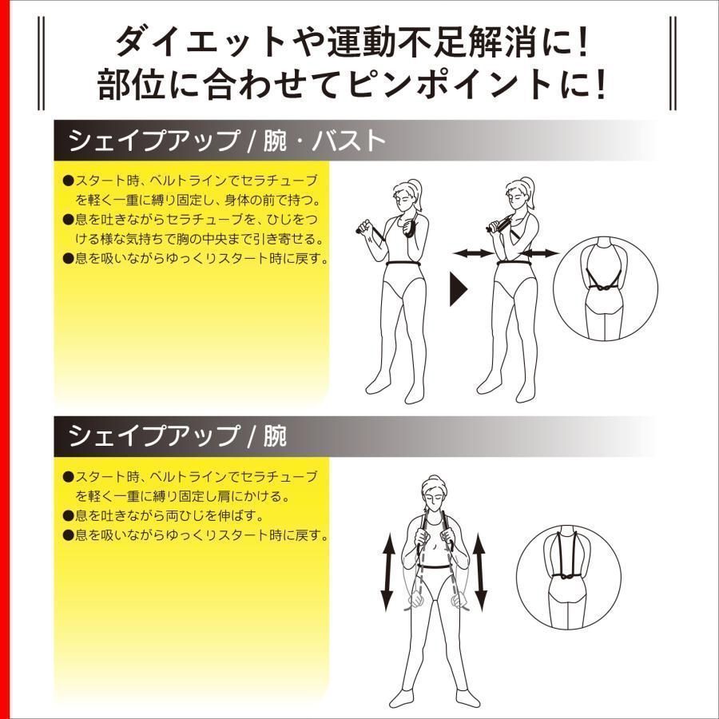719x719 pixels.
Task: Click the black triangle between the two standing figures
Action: pyautogui.click(x=457, y=289)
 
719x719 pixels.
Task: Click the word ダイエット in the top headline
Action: pyautogui.click(x=201, y=42)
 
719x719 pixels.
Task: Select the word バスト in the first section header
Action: pyautogui.click(x=348, y=140)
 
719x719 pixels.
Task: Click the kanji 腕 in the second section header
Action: pyautogui.click(x=275, y=435)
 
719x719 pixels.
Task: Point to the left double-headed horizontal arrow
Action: pyautogui.click(x=473, y=252)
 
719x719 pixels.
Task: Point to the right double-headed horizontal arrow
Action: pyautogui.click(x=540, y=252)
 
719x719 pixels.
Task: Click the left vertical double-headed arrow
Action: pyautogui.click(x=388, y=572)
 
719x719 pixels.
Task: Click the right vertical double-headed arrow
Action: pyautogui.click(x=479, y=572)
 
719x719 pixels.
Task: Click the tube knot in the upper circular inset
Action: pyautogui.click(x=605, y=288)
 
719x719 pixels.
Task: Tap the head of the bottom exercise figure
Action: pyautogui.click(x=434, y=494)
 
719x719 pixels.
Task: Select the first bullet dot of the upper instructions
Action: pyautogui.click(x=69, y=181)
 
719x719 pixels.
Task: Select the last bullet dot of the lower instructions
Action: pyautogui.click(x=69, y=534)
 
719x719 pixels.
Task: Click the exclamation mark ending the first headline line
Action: pyautogui.click(x=583, y=42)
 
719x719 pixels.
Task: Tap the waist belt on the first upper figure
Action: pyautogui.click(x=404, y=264)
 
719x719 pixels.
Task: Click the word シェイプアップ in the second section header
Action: pyautogui.click(x=154, y=435)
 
